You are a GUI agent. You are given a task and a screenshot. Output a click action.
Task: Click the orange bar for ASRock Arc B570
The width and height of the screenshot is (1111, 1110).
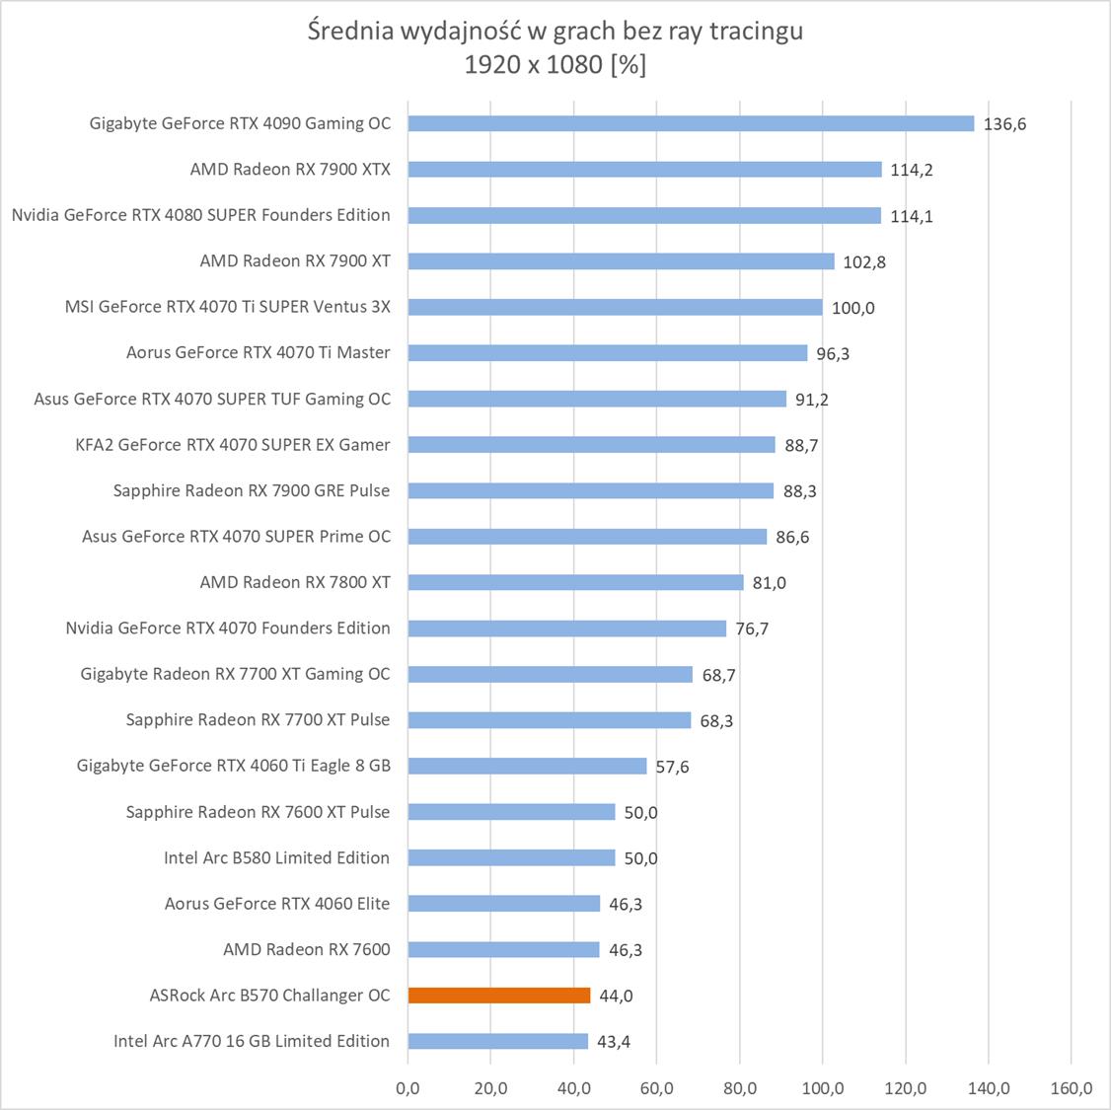pyautogui.click(x=499, y=996)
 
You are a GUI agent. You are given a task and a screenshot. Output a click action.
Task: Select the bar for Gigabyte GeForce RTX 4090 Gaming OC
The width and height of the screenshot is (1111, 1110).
pyautogui.click(x=691, y=123)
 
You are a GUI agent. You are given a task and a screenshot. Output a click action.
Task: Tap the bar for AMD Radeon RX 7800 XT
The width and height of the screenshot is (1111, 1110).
pyautogui.click(x=575, y=582)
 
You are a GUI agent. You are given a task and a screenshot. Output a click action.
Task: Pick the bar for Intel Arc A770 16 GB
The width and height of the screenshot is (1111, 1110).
pyautogui.click(x=497, y=1041)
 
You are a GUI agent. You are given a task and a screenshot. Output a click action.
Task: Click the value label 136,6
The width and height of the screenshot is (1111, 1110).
pyautogui.click(x=1004, y=124)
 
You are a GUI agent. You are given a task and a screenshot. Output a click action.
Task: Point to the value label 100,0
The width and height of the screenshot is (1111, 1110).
pyautogui.click(x=852, y=308)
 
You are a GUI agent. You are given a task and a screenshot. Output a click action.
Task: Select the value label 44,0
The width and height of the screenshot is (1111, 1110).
pyautogui.click(x=615, y=996)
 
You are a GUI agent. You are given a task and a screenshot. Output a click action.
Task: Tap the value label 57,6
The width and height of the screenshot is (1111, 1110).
pyautogui.click(x=672, y=767)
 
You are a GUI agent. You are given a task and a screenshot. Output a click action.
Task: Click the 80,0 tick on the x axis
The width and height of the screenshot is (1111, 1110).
pyautogui.click(x=739, y=1088)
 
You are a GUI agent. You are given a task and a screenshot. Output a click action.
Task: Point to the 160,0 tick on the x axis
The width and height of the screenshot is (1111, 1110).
pyautogui.click(x=1071, y=1088)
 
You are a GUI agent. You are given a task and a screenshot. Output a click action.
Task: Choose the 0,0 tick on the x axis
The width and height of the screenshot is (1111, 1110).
pyautogui.click(x=407, y=1088)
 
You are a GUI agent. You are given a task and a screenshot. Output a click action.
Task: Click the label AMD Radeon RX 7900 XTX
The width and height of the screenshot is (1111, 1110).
pyautogui.click(x=290, y=170)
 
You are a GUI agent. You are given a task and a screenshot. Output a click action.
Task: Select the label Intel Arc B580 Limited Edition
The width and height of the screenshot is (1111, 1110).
pyautogui.click(x=276, y=857)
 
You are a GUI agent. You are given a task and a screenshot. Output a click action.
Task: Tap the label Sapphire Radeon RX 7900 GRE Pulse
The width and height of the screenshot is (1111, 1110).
pyautogui.click(x=252, y=490)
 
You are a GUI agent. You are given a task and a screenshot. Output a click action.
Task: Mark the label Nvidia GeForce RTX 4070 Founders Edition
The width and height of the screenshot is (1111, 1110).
pyautogui.click(x=228, y=628)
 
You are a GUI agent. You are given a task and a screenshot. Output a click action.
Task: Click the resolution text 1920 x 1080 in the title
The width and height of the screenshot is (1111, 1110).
pyautogui.click(x=534, y=65)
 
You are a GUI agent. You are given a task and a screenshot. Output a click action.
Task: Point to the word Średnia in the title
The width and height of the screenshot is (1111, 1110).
pyautogui.click(x=350, y=32)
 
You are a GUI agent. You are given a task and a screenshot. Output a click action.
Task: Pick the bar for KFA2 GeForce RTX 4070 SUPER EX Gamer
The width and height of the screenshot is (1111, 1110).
pyautogui.click(x=591, y=445)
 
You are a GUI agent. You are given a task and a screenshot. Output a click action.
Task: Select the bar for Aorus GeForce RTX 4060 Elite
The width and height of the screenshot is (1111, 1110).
pyautogui.click(x=503, y=904)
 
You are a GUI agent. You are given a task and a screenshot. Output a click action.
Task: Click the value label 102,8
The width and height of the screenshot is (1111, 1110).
pyautogui.click(x=864, y=261)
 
